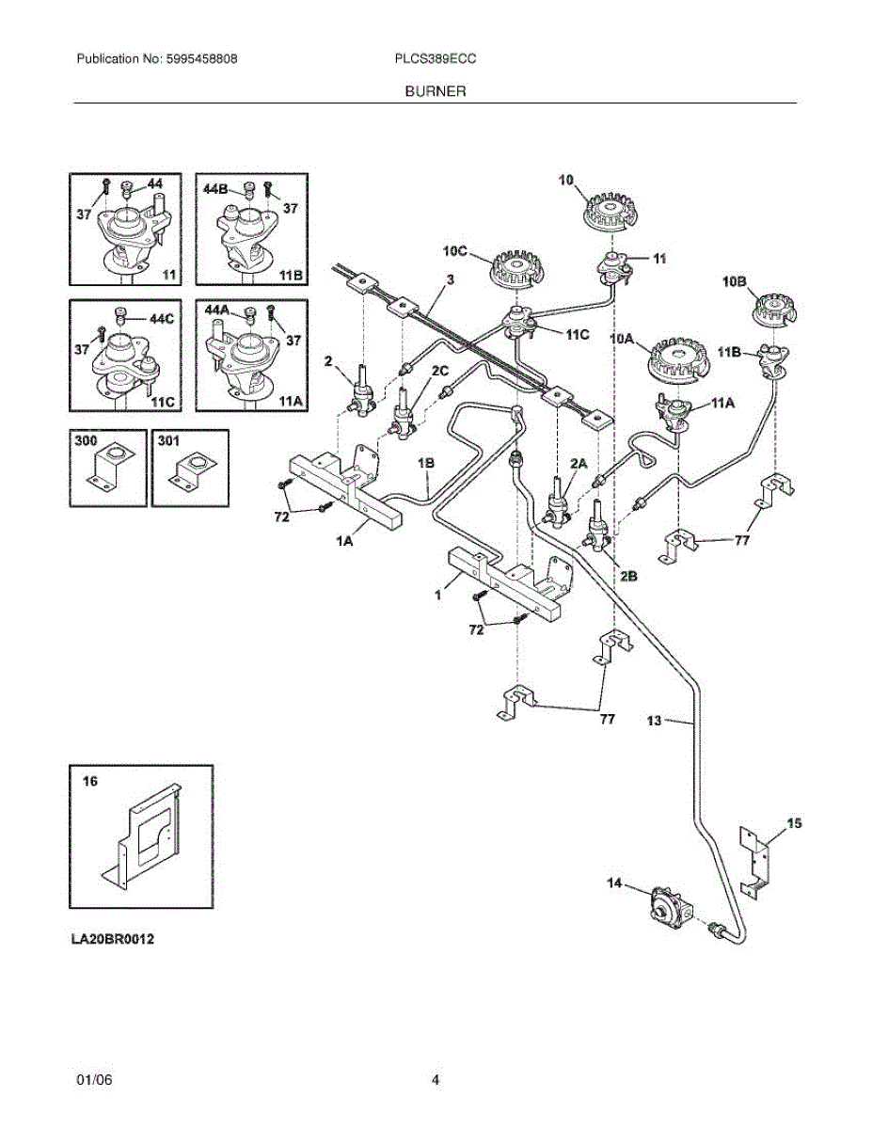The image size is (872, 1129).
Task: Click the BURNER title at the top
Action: pos(436,91)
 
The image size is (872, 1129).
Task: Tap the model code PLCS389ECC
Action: pos(436,58)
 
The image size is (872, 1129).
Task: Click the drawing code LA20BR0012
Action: pos(111,940)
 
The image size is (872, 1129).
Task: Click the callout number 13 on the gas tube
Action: pos(655,722)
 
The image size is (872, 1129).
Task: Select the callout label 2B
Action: pos(627,577)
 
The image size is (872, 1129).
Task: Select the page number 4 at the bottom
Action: pos(436,1080)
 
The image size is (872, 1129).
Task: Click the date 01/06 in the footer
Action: pos(94,1080)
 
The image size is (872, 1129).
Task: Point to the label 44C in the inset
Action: pos(163,318)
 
